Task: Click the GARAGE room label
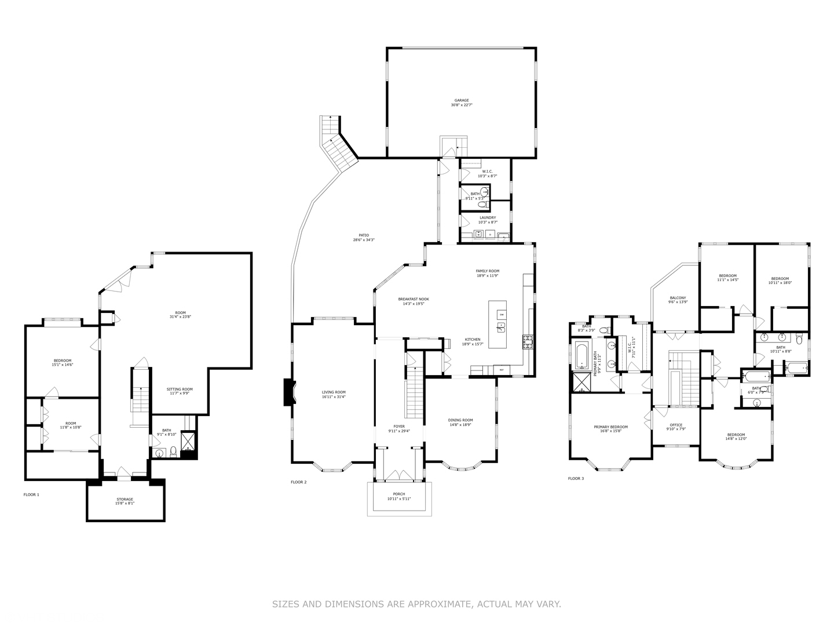(x=462, y=100)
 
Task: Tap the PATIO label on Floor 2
(x=364, y=235)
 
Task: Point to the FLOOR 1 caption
(x=31, y=494)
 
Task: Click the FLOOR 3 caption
(x=576, y=478)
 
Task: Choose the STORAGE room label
(x=125, y=499)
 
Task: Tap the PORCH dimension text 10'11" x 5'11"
(x=399, y=499)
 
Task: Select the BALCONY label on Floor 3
(x=677, y=298)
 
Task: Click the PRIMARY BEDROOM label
(x=610, y=427)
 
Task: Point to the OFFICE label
(x=676, y=425)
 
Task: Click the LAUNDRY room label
(x=487, y=218)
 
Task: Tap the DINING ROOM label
(x=460, y=420)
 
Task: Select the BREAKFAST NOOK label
(x=414, y=299)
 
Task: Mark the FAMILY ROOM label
(x=487, y=271)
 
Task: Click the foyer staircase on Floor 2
(x=414, y=394)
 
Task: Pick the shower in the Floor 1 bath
(x=188, y=442)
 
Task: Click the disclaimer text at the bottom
(x=416, y=604)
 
